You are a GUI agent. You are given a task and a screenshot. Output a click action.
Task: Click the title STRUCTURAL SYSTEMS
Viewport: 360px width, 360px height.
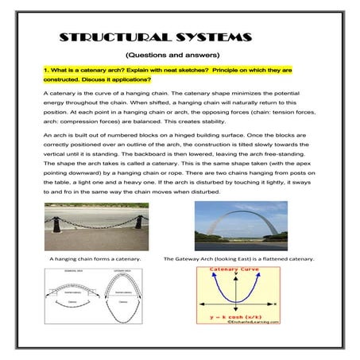click(156, 37)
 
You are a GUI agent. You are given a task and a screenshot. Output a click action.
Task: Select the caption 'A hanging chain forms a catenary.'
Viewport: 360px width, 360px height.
click(95, 259)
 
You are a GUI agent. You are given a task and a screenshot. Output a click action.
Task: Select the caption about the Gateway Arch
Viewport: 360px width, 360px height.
click(238, 259)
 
